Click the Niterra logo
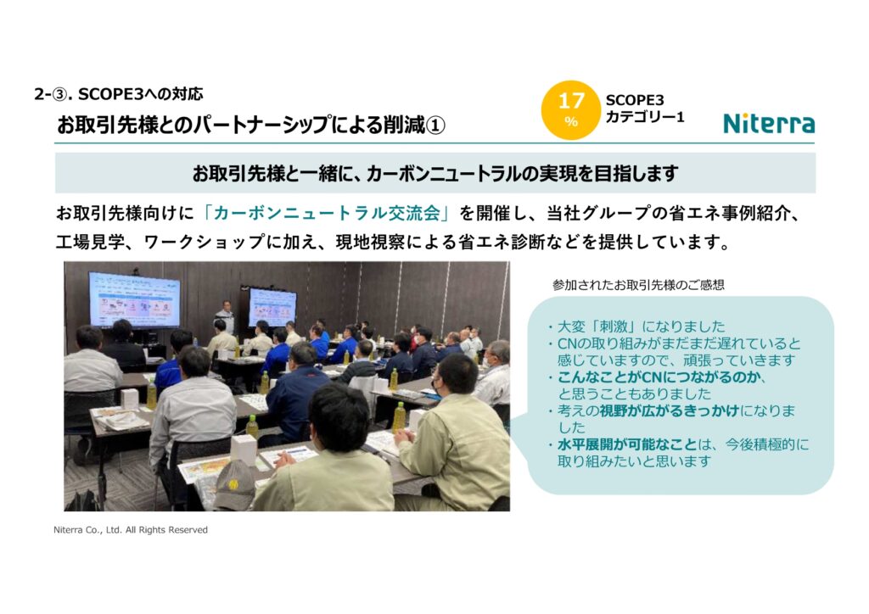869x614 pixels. tap(769, 123)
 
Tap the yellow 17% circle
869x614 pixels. tap(571, 109)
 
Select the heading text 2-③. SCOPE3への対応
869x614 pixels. tap(119, 94)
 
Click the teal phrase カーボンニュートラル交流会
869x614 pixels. tap(327, 213)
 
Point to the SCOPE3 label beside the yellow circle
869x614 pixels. tap(635, 100)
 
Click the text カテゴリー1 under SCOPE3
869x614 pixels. tap(645, 117)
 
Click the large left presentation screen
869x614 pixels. tap(134, 299)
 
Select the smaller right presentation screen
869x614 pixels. tap(272, 307)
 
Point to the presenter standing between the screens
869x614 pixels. tap(225, 316)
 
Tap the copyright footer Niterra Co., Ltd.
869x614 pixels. tap(131, 530)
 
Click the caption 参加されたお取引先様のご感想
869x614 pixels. tap(638, 285)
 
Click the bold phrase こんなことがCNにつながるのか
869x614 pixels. tap(659, 377)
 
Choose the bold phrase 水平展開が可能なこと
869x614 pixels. tap(626, 444)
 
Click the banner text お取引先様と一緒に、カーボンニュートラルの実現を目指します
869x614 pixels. tap(435, 173)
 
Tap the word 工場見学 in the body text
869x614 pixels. tap(90, 242)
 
